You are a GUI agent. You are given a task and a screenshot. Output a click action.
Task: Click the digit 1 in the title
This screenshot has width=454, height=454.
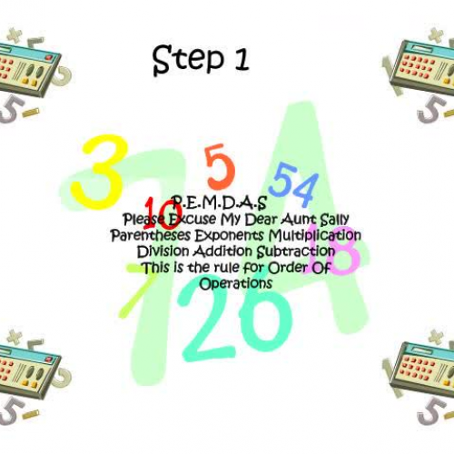pos(240,60)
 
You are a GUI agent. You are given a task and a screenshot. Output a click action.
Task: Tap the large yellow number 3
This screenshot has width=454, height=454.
pos(97,169)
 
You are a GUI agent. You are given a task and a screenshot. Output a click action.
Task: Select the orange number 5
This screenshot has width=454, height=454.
pos(219,166)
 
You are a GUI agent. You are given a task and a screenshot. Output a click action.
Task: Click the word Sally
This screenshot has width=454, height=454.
pos(331,220)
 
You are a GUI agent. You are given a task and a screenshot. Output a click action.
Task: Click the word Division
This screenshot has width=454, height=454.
pos(165,251)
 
